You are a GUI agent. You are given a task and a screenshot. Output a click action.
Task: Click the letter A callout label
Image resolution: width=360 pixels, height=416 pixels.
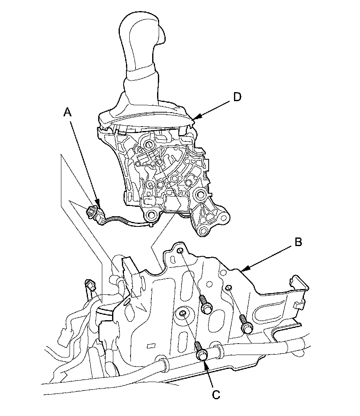[x=67, y=112]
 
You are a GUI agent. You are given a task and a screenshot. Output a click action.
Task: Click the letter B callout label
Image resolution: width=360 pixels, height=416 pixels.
[x=298, y=242]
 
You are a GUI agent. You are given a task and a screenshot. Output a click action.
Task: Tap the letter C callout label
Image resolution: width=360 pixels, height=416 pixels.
[x=216, y=395]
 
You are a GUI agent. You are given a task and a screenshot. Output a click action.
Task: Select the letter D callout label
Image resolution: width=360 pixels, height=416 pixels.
[x=237, y=97]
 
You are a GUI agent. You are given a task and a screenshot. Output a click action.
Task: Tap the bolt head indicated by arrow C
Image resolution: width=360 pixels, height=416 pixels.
[x=201, y=356]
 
